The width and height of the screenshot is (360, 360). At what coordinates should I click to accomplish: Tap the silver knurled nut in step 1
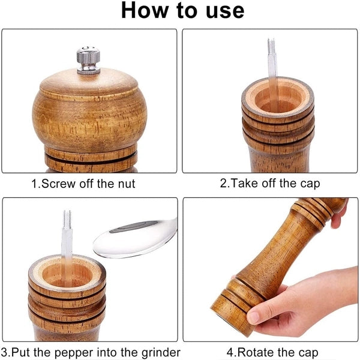coord(88,60)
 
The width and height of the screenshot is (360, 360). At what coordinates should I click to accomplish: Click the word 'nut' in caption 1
coord(125,184)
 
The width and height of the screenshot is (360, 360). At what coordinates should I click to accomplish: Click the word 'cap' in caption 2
coord(309,184)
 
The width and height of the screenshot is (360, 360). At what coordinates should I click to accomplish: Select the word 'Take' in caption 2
coord(244,184)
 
